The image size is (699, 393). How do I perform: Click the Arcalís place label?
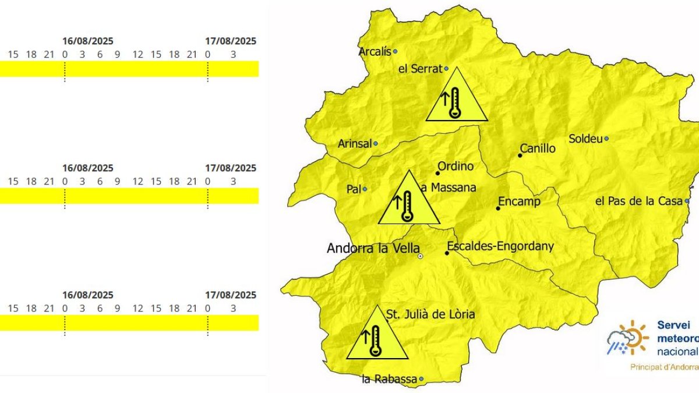pos(375,51)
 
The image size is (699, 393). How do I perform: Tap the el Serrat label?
pos(419,69)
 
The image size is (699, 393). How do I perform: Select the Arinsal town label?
pos(355,144)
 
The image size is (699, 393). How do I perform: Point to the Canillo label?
pos(538,149)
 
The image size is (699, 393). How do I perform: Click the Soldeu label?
pos(585,139)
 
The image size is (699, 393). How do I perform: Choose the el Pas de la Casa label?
pos(638,201)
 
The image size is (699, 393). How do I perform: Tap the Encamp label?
pos(518,201)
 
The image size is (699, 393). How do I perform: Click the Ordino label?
pos(455,167)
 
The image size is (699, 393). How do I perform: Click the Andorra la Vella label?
pos(373,249)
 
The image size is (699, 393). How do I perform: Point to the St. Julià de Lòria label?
pos(430,314)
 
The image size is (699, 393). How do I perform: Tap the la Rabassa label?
pos(389,380)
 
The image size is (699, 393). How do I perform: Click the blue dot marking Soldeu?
pos(606,139)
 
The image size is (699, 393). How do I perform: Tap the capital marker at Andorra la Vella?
pos(420,256)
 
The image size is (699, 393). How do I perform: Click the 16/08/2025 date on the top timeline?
pos(88,41)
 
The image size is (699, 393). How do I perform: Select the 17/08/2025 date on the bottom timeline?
pos(231,295)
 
